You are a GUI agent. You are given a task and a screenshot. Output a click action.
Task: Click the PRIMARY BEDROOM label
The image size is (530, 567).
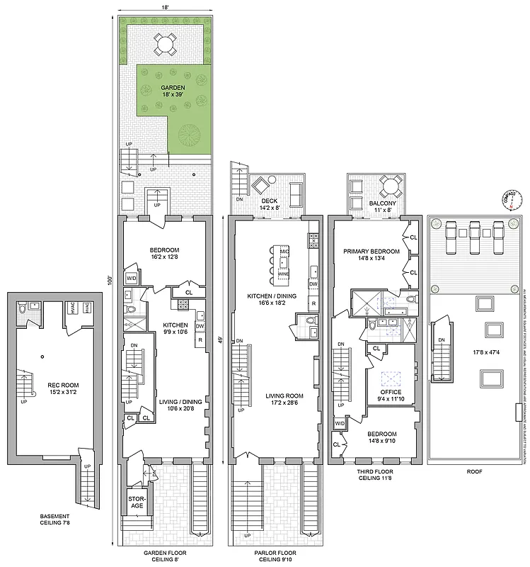[371, 255]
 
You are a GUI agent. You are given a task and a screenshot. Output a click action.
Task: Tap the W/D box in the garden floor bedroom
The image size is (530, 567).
[131, 279]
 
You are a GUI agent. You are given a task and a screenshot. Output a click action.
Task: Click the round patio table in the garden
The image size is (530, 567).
[164, 44]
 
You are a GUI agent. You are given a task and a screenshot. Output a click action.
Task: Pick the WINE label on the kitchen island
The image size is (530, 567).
[284, 274]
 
